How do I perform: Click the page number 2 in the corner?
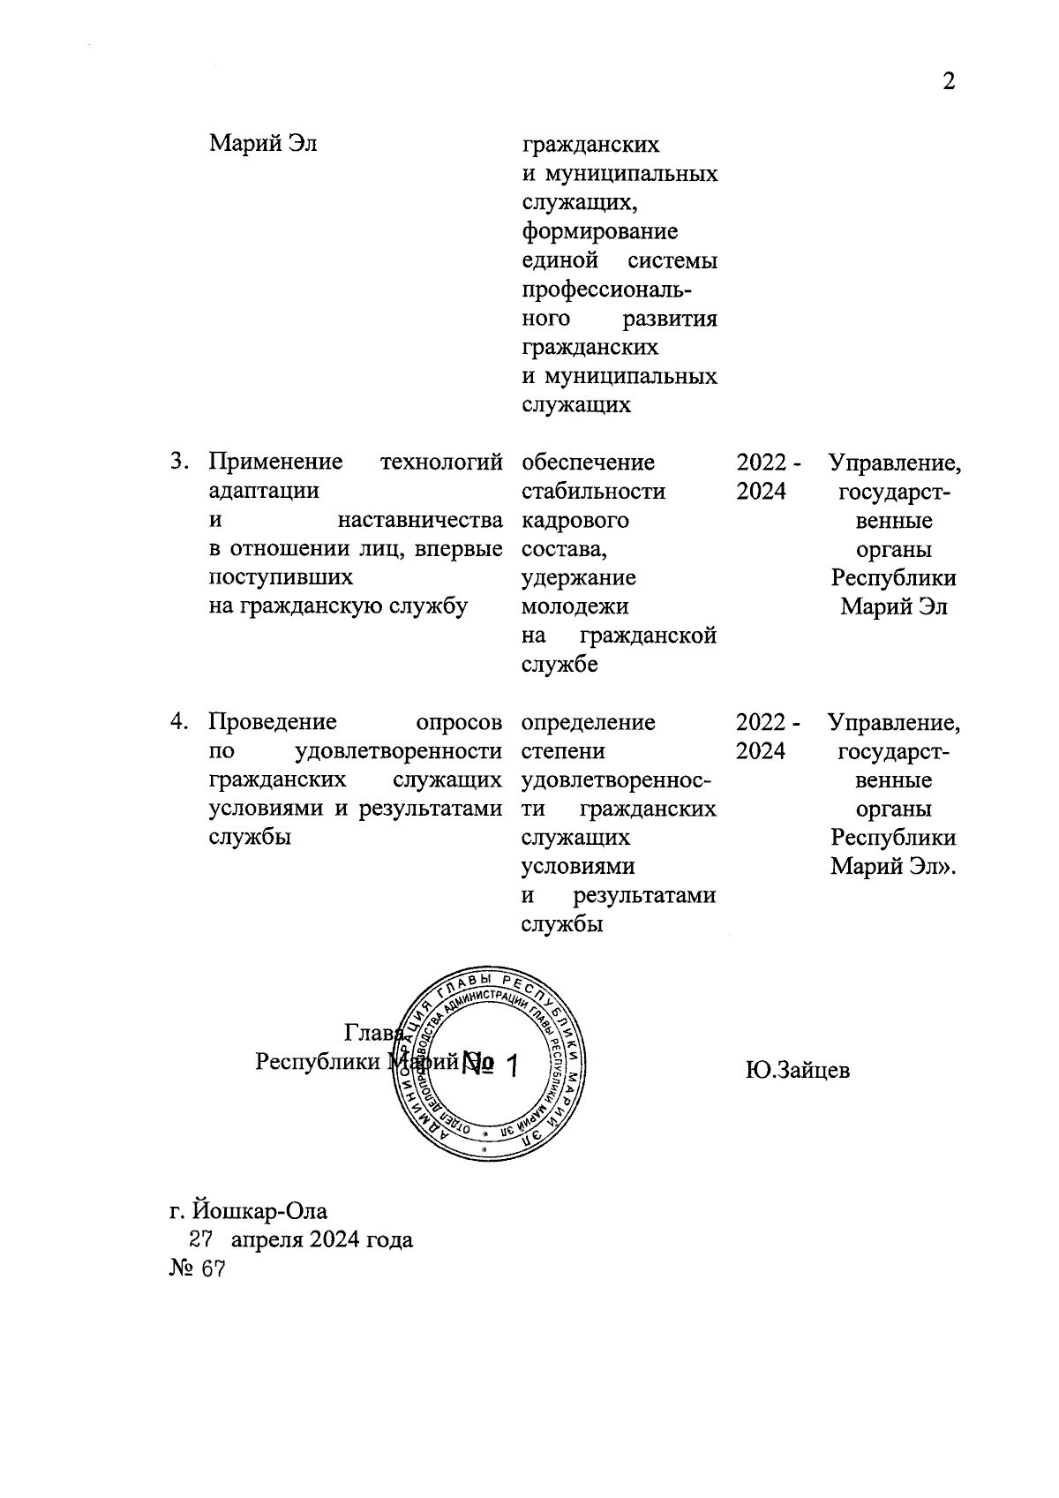point(949,82)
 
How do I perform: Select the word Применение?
point(275,462)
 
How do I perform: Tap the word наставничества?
point(420,520)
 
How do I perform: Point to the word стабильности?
point(593,491)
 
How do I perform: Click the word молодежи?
point(575,606)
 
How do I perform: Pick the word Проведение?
point(273,722)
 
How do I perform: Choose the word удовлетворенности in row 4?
point(398,751)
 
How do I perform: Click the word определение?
point(589,722)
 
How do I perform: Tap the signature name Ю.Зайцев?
point(797,1071)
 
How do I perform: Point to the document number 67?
point(213,1268)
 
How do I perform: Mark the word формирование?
point(600,231)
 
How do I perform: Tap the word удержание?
point(579,577)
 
